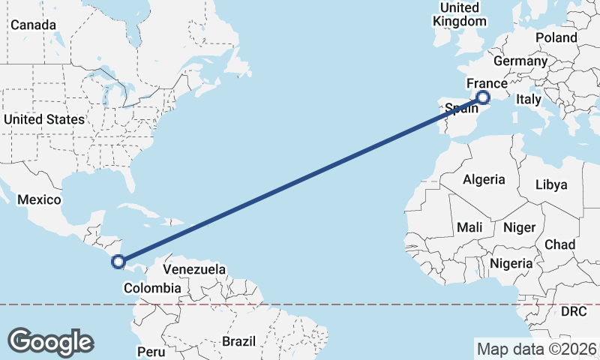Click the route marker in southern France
tap(483, 97)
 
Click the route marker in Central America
tap(118, 261)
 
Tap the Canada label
tap(33, 25)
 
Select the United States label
tap(43, 119)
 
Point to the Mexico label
tap(38, 199)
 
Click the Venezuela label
tap(194, 268)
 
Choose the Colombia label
tap(152, 288)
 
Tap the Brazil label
tap(240, 341)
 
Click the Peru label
tap(151, 351)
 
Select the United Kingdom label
tap(460, 14)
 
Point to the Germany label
tap(520, 61)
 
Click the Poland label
tap(556, 37)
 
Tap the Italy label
tap(528, 99)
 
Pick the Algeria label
tap(484, 180)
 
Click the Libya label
tap(552, 184)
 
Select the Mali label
tap(469, 226)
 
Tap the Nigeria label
tap(511, 263)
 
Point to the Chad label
tap(559, 244)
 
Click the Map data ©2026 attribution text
tap(536, 349)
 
